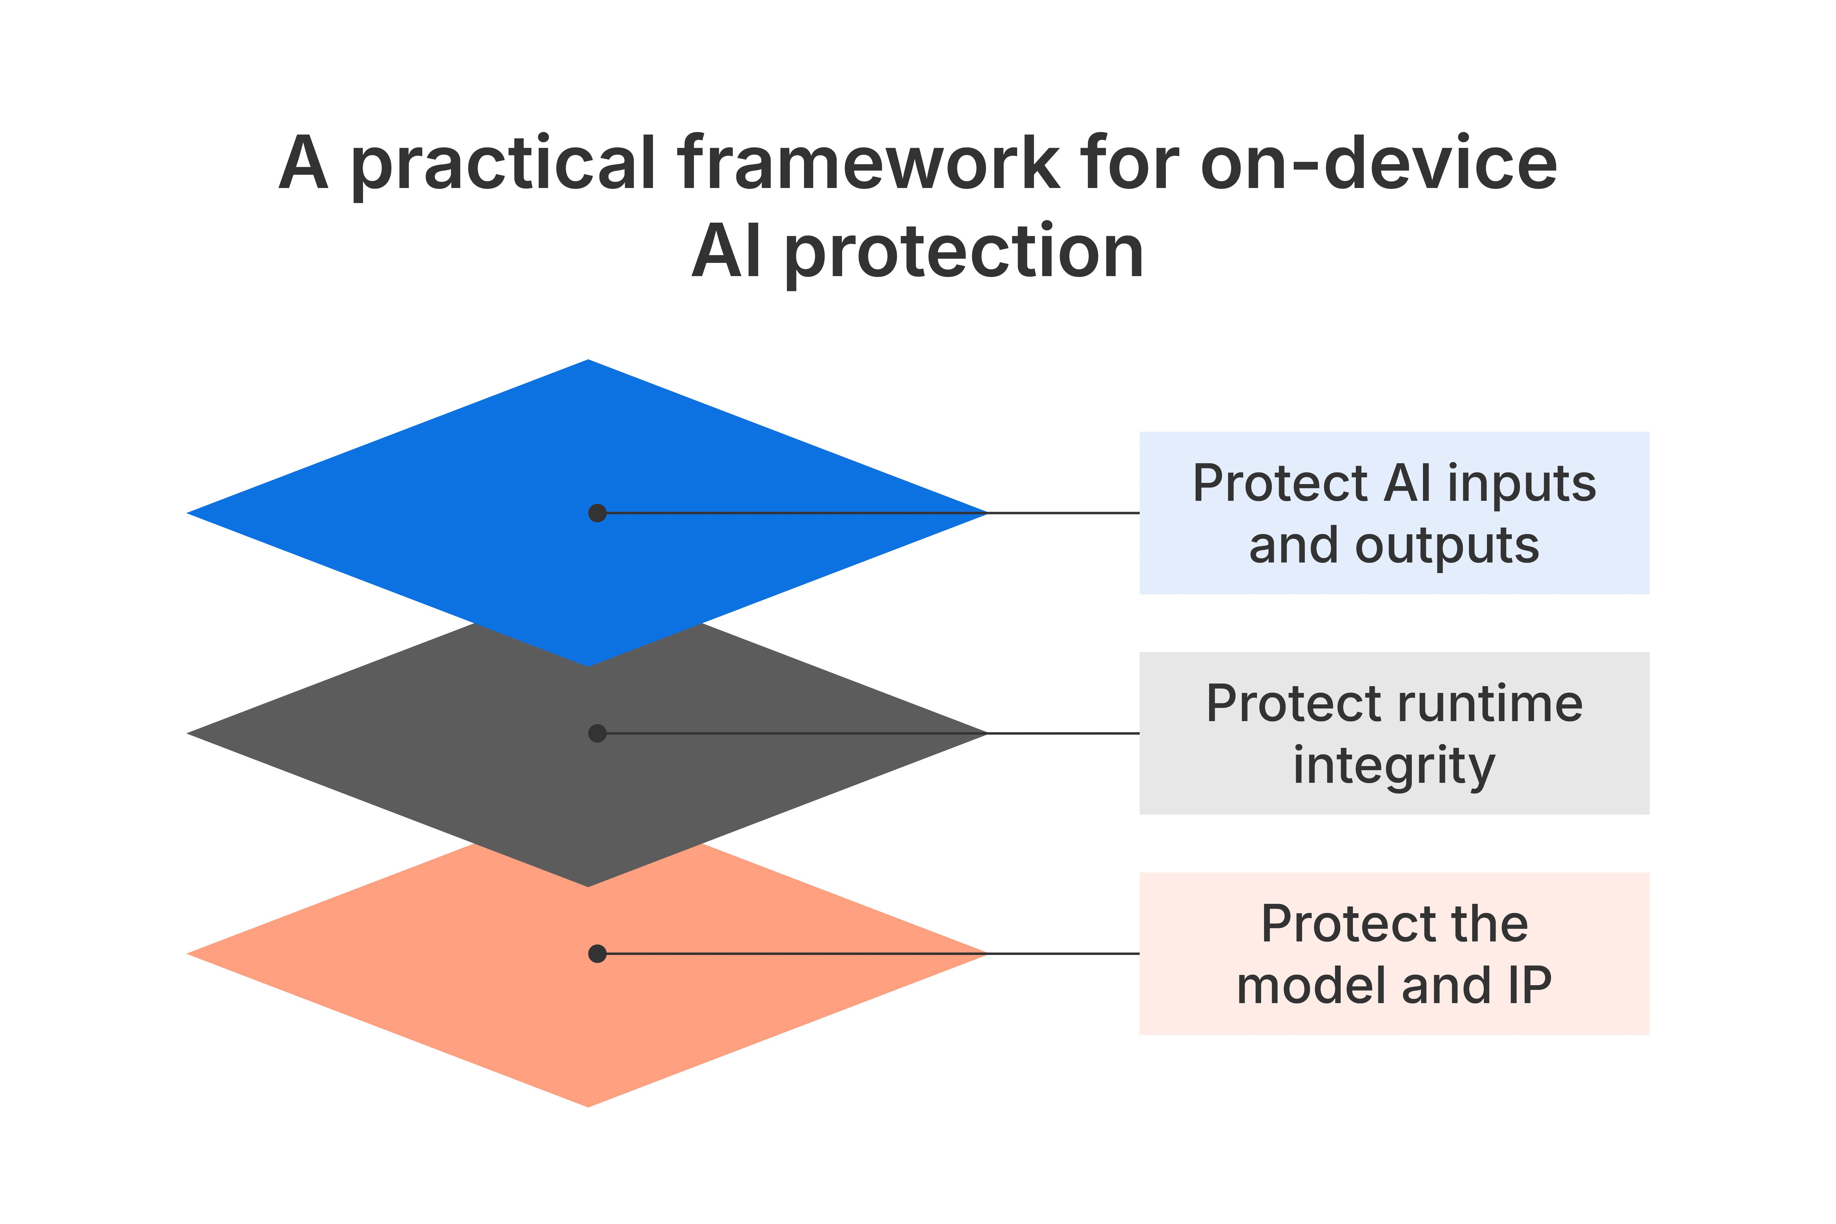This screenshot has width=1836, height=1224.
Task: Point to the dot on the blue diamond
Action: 597,513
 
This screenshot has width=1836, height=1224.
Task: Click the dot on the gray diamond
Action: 597,733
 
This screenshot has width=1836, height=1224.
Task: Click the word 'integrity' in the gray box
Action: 1394,767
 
